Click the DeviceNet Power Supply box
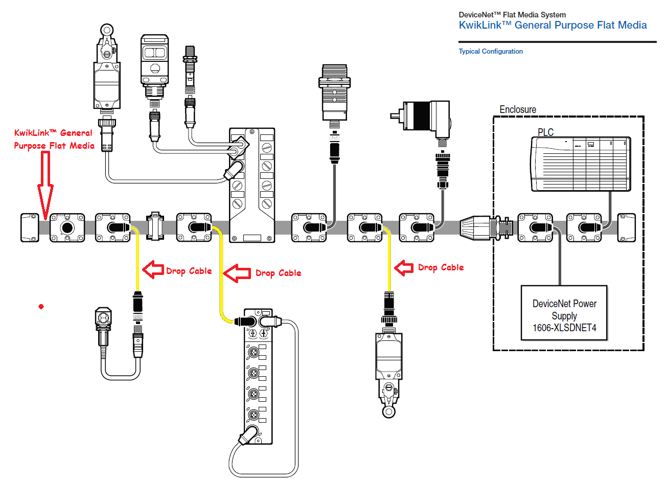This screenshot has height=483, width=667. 564,313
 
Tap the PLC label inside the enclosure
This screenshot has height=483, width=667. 545,132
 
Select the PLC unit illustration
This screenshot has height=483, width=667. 581,164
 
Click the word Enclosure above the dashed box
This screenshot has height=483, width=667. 517,109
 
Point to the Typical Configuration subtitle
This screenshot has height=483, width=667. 490,51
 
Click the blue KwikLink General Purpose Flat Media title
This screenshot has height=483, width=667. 553,25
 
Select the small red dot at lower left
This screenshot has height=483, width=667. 41,306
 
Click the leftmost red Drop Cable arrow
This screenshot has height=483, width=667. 153,269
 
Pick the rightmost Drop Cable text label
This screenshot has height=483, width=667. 441,267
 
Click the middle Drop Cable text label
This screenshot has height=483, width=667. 278,273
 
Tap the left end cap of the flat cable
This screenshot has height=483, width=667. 30,227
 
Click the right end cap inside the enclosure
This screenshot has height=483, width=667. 627,227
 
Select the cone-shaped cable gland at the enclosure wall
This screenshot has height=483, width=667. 475,227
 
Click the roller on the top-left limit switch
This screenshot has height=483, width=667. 106,30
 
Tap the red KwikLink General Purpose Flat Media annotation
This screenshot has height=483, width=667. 54,139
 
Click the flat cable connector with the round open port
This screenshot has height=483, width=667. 67,227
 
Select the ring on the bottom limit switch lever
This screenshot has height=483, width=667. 388,411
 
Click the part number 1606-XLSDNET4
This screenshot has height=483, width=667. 564,328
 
